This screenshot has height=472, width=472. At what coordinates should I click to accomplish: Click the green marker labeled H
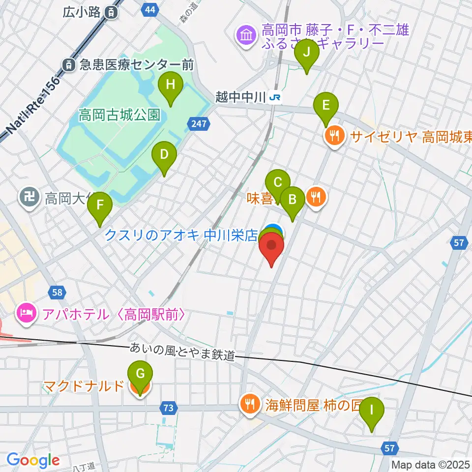(x=170, y=85)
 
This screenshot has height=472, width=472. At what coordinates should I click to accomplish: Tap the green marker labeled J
(x=307, y=52)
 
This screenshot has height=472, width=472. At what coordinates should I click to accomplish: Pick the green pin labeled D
(x=164, y=155)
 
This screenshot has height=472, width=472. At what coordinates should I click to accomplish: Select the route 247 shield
(x=199, y=123)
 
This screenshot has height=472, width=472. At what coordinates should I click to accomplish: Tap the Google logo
(x=33, y=460)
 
